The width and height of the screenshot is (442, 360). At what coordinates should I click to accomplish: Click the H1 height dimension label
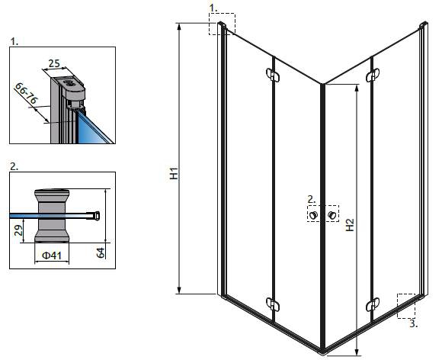point(175,173)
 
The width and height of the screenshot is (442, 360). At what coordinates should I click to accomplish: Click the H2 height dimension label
point(350,225)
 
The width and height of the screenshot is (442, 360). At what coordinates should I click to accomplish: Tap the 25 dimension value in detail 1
point(54,64)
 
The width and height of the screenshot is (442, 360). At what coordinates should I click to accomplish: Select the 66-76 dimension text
point(26,93)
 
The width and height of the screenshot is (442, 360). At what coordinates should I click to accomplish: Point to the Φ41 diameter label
point(52,256)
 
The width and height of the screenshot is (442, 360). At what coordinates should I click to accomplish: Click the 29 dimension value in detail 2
point(18,230)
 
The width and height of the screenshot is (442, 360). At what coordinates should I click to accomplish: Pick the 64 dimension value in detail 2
point(101,252)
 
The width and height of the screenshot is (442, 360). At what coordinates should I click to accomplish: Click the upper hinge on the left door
point(273,75)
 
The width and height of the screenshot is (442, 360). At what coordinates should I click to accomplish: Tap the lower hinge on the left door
point(273,304)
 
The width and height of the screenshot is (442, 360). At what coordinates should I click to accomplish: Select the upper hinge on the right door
point(373,75)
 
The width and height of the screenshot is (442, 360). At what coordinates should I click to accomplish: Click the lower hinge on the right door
point(373,305)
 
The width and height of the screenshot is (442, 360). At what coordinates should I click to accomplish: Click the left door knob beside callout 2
point(313,215)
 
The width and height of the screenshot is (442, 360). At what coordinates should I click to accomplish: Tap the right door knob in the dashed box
point(332,215)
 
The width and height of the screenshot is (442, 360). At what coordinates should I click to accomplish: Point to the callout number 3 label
point(413,324)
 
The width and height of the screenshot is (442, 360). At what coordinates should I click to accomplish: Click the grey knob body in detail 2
point(52,216)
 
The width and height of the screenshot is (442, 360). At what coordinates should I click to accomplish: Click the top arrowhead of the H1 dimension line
point(178,26)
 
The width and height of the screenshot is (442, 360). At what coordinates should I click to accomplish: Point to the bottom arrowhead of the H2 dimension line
point(357,352)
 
